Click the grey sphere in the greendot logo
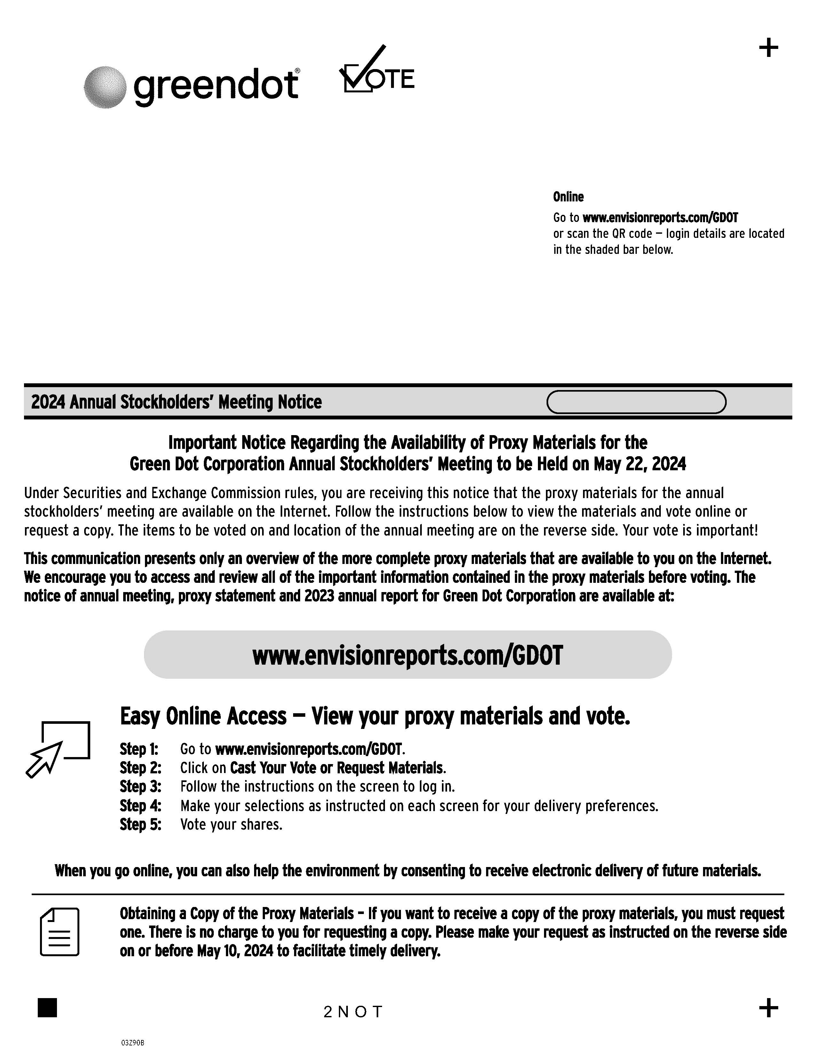pos(105,87)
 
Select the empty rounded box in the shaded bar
pos(636,402)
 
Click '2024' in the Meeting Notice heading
pos(48,402)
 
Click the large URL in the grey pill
pos(407,655)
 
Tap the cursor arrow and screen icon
pos(58,749)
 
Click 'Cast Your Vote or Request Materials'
pos(337,768)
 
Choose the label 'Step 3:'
pos(140,787)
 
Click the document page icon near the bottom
pos(60,932)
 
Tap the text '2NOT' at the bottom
pos(353,1012)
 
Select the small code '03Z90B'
pos(132,1043)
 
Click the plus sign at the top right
pos(768,48)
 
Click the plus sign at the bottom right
pos(768,1008)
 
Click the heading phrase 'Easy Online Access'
pos(203,716)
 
